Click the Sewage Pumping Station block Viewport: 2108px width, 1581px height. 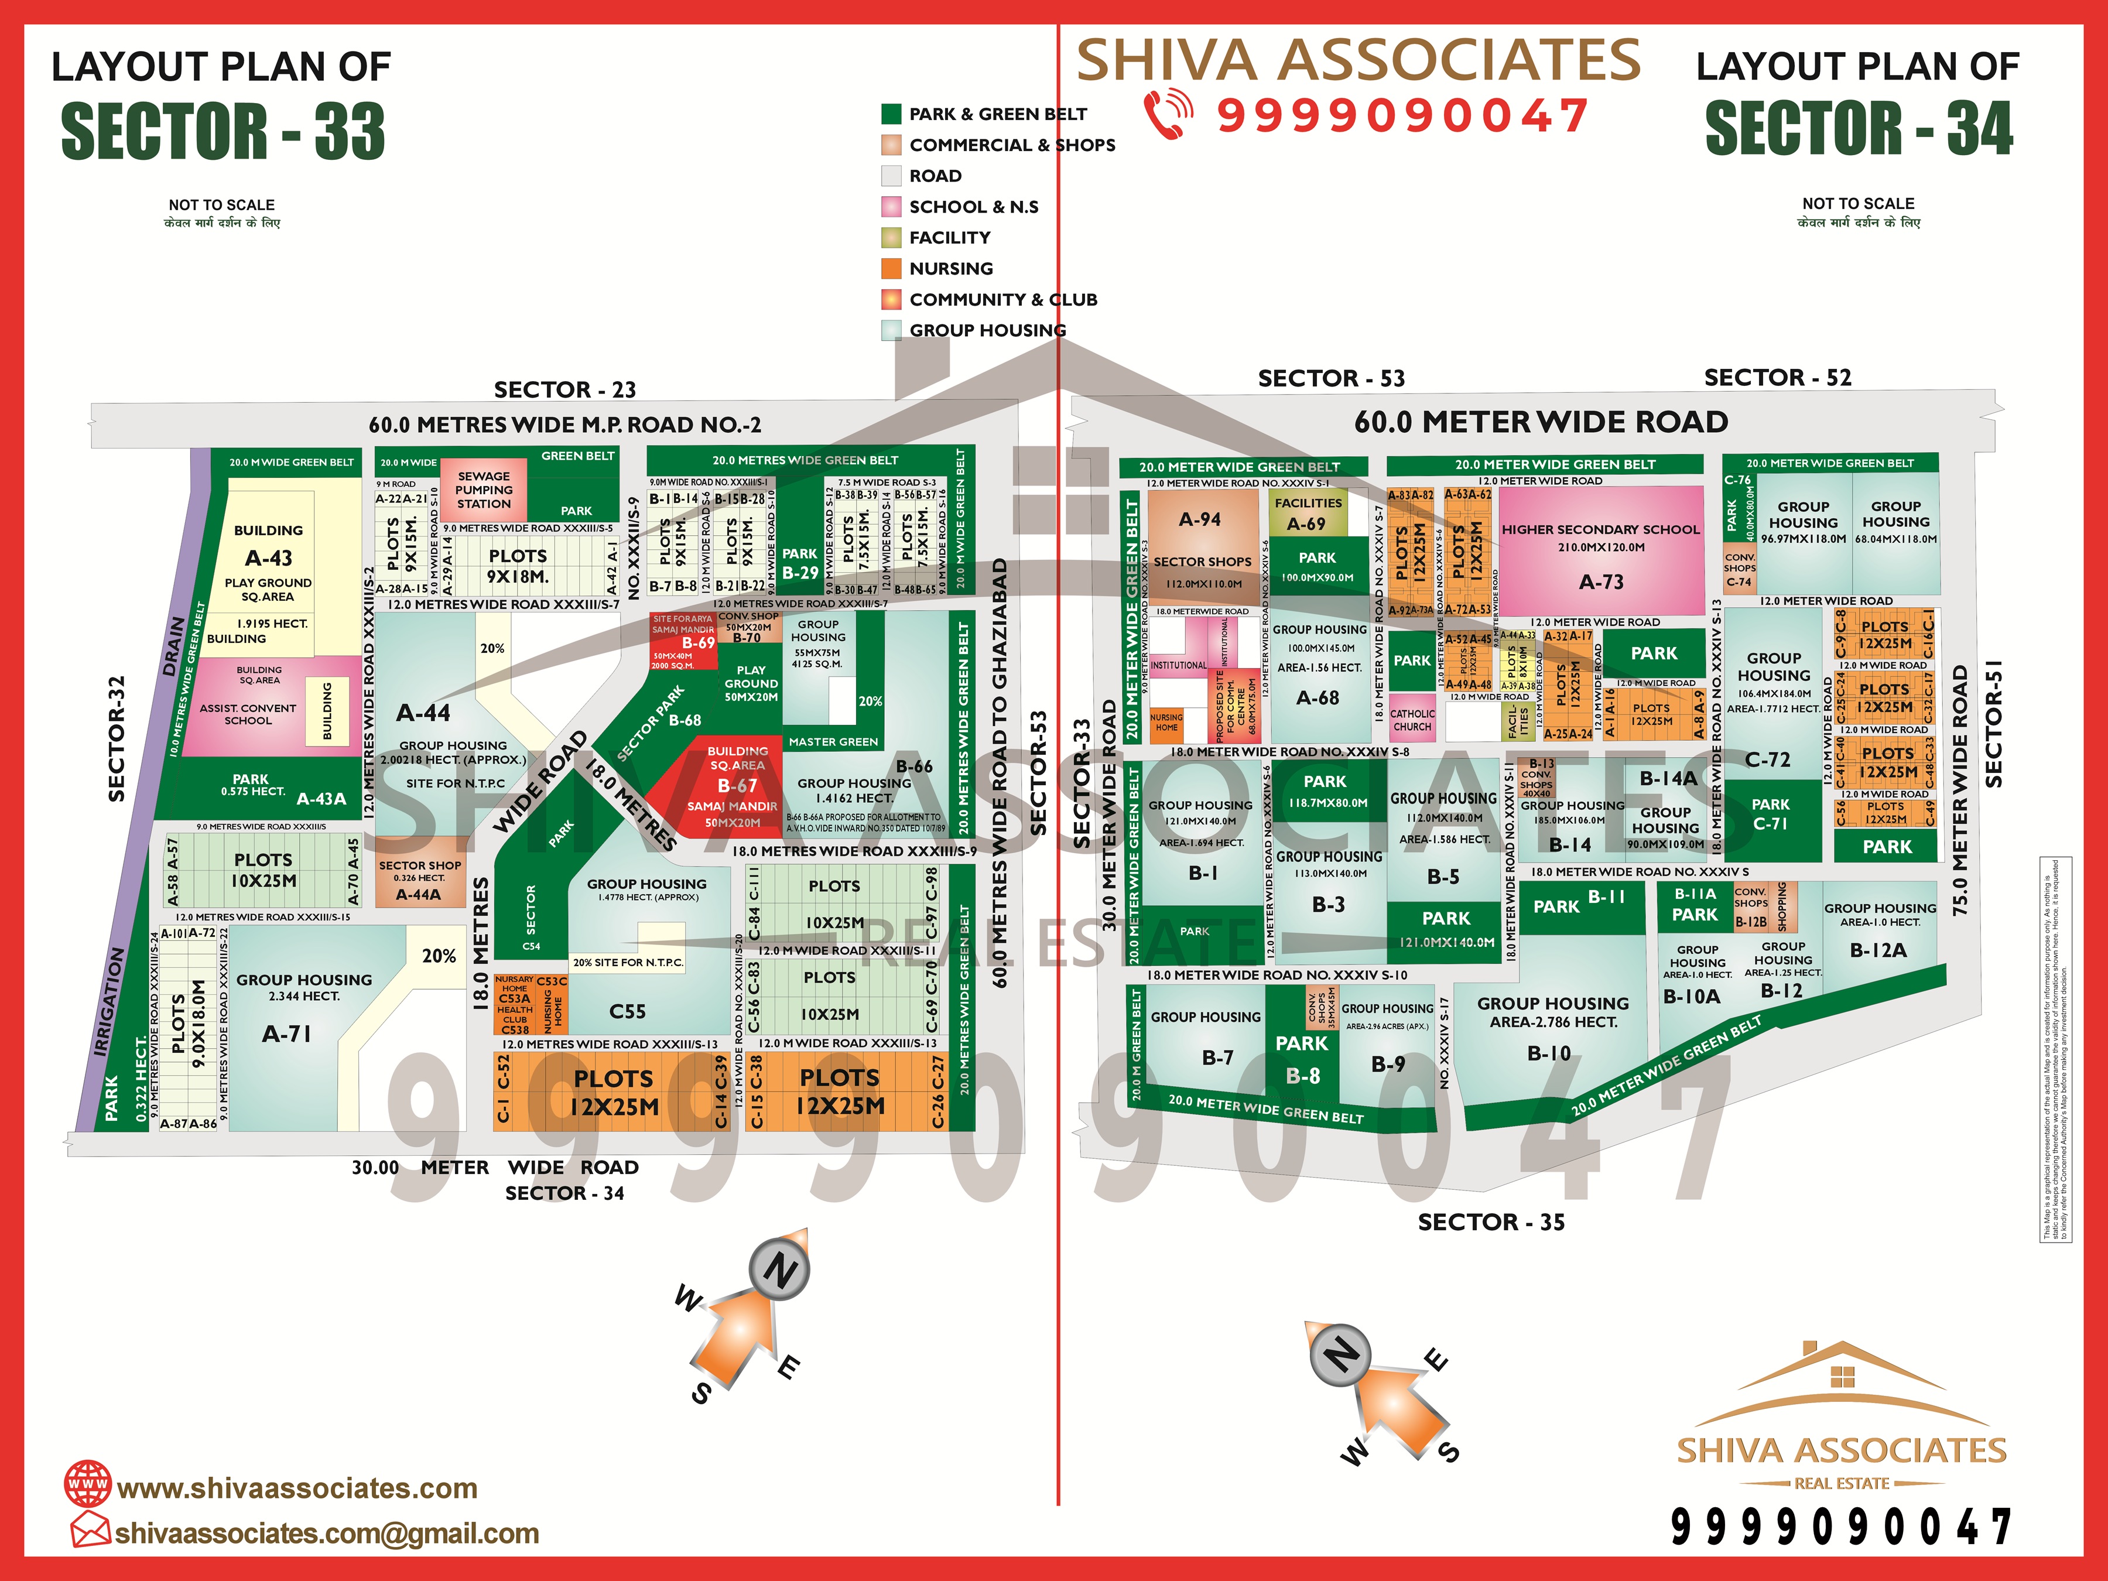[x=484, y=490]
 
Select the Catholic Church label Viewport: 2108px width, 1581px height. [x=1412, y=720]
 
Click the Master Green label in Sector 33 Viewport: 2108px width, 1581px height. [x=833, y=741]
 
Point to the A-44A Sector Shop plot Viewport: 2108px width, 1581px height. [x=419, y=880]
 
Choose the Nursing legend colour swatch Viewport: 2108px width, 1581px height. [x=891, y=269]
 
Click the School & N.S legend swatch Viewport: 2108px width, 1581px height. [x=891, y=207]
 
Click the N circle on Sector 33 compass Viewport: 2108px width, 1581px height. [x=779, y=1270]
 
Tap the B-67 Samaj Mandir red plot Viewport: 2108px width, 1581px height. [x=735, y=787]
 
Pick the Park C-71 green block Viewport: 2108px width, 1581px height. [x=1770, y=815]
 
